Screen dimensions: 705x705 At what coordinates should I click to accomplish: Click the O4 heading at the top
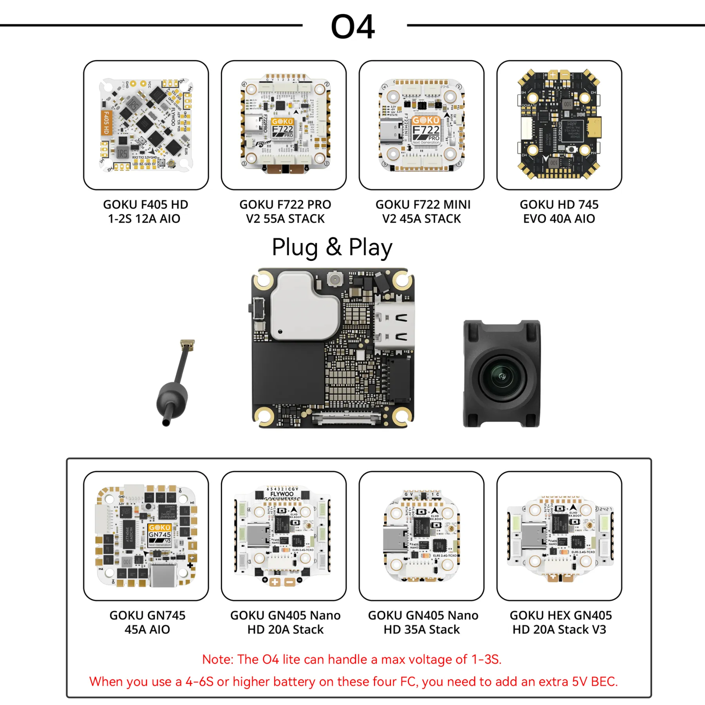pyautogui.click(x=352, y=27)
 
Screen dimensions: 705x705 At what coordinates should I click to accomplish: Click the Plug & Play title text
pyautogui.click(x=332, y=247)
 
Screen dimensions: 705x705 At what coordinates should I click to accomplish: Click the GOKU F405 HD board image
pyautogui.click(x=146, y=125)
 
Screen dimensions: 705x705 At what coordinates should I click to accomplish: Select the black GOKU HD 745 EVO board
pyautogui.click(x=559, y=125)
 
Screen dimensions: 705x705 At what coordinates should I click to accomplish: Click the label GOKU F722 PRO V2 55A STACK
pyautogui.click(x=285, y=211)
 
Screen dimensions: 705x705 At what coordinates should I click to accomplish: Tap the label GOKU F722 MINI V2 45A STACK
pyautogui.click(x=423, y=211)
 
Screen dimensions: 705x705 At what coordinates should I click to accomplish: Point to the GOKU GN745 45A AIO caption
pyautogui.click(x=147, y=622)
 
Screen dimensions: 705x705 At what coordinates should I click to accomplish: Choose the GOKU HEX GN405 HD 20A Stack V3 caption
pyautogui.click(x=560, y=622)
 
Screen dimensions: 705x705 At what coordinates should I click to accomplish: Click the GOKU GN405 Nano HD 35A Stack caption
pyautogui.click(x=423, y=622)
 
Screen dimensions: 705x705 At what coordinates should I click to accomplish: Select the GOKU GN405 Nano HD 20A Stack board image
pyautogui.click(x=284, y=536)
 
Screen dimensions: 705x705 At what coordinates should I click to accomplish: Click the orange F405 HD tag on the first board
pyautogui.click(x=106, y=123)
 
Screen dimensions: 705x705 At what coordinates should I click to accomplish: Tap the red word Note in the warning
pyautogui.click(x=217, y=659)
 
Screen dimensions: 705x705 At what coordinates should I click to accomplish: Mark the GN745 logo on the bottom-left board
pyautogui.click(x=160, y=535)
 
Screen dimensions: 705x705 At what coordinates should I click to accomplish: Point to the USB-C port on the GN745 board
pyautogui.click(x=162, y=575)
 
